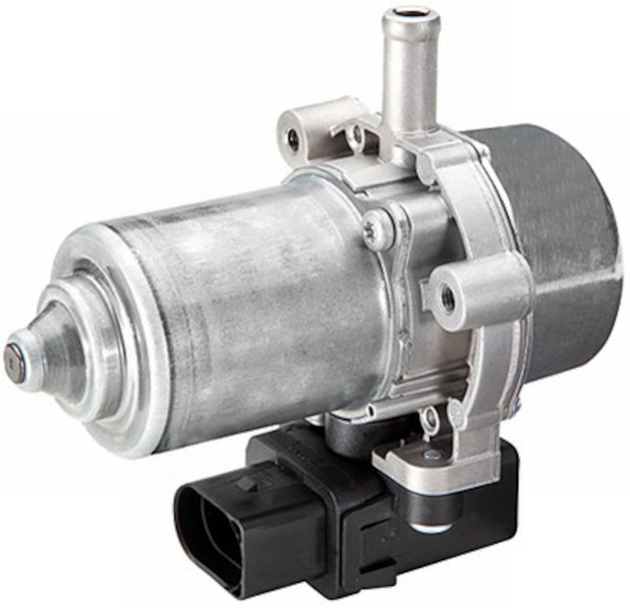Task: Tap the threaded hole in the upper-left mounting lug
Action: (294, 141)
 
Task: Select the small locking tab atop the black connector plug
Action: (250, 481)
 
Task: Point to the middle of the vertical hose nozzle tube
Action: (408, 79)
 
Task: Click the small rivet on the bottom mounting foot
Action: (432, 454)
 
